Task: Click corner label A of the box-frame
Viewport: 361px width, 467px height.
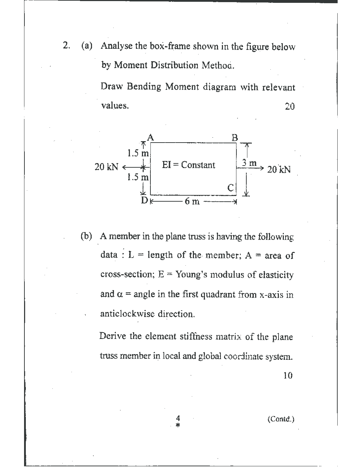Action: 150,137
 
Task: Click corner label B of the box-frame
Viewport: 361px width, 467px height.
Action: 235,137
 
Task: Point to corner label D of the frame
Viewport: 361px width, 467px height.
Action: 144,201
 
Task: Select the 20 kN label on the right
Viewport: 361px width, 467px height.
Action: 279,169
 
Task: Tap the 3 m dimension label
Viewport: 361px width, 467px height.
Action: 249,163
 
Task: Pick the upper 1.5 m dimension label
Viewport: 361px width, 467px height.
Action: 138,154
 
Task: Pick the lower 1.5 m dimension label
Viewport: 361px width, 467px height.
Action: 138,177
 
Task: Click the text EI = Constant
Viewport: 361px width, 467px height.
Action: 188,165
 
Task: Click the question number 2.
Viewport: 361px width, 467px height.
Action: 66,46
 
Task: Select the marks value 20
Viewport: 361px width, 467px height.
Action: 290,106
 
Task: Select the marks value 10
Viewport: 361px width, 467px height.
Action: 288,376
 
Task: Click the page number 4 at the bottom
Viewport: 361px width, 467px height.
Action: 178,417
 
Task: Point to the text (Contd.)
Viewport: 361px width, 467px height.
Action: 281,419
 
